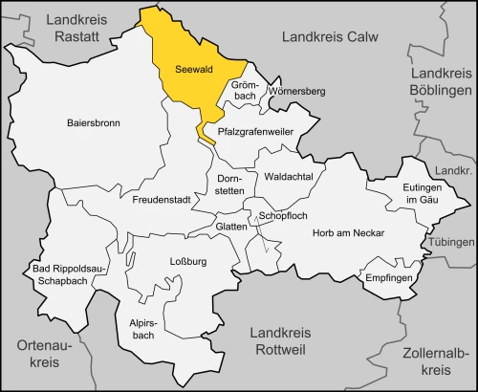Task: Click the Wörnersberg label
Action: pyautogui.click(x=297, y=91)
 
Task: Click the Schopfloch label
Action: pyautogui.click(x=283, y=217)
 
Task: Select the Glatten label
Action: pyautogui.click(x=229, y=226)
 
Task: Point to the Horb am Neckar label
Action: pyautogui.click(x=348, y=233)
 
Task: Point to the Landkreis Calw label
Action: pyautogui.click(x=330, y=36)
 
